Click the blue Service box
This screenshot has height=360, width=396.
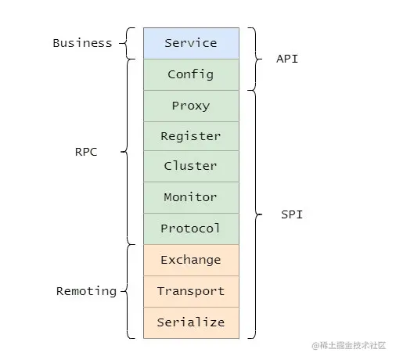(x=191, y=43)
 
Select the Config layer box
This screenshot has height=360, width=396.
(x=191, y=74)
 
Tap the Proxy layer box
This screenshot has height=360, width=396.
(x=191, y=106)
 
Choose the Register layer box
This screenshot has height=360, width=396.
(x=191, y=136)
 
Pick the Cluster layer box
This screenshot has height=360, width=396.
(x=191, y=166)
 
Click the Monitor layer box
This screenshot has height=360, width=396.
(x=191, y=197)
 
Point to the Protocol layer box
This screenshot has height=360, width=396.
(x=191, y=229)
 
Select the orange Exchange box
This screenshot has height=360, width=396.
(x=191, y=260)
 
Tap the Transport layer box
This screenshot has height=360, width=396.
(x=191, y=291)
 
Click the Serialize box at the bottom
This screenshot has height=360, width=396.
(x=191, y=322)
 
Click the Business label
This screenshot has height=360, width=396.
(x=82, y=43)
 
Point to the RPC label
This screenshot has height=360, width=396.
(x=86, y=152)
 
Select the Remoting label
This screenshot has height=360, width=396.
(x=86, y=291)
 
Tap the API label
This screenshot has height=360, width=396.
(x=287, y=59)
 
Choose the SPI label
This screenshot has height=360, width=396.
(x=292, y=214)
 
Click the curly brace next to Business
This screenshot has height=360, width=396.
(x=127, y=43)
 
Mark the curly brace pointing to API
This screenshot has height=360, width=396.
(x=255, y=59)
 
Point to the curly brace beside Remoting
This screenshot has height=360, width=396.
(x=127, y=291)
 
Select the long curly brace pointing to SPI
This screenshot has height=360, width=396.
(x=255, y=214)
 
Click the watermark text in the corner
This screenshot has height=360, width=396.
(x=349, y=345)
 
